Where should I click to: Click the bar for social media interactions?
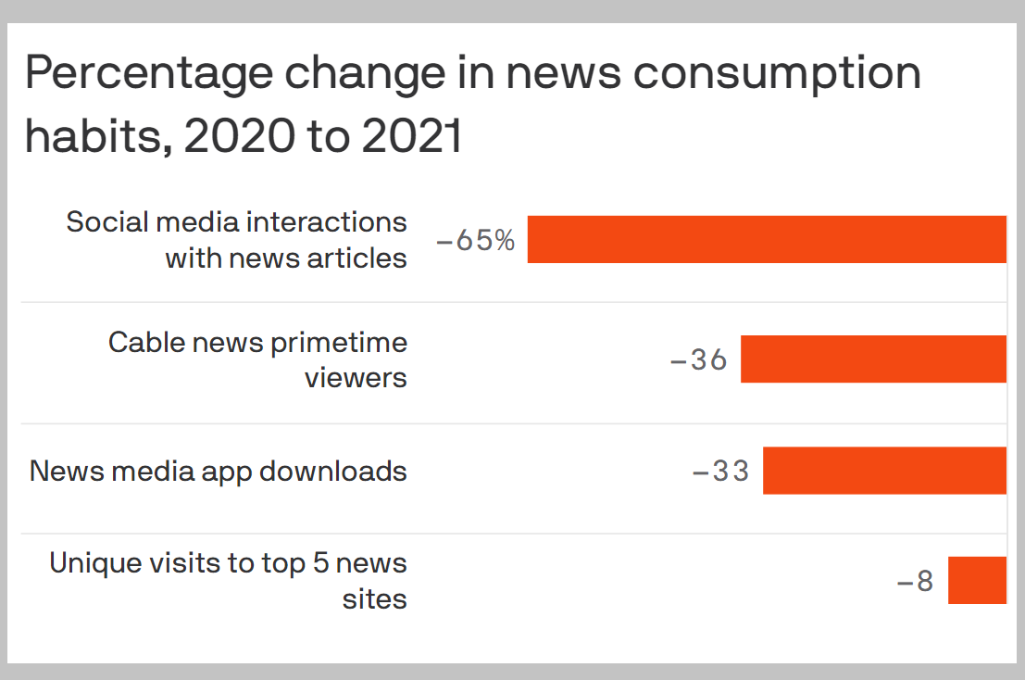pos(767,239)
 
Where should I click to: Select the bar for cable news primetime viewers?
pos(873,359)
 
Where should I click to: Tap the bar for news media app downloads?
pos(884,470)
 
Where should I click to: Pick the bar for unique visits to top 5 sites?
pos(977,580)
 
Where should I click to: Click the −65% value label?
pos(475,241)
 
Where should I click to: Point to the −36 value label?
pos(699,359)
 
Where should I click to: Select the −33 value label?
pos(720,472)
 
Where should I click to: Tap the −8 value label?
pos(915,582)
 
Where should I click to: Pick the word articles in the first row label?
pos(356,258)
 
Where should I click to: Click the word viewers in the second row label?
pos(356,377)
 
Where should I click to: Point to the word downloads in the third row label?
pos(333,471)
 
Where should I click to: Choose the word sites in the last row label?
pos(375,598)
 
